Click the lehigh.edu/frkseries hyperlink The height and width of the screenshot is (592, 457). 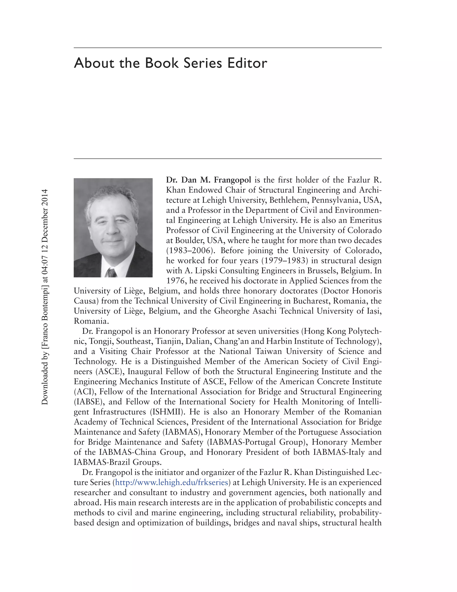tap(171, 483)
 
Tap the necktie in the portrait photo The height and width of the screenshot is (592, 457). tap(112, 272)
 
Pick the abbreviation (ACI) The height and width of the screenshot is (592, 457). tap(84, 392)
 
